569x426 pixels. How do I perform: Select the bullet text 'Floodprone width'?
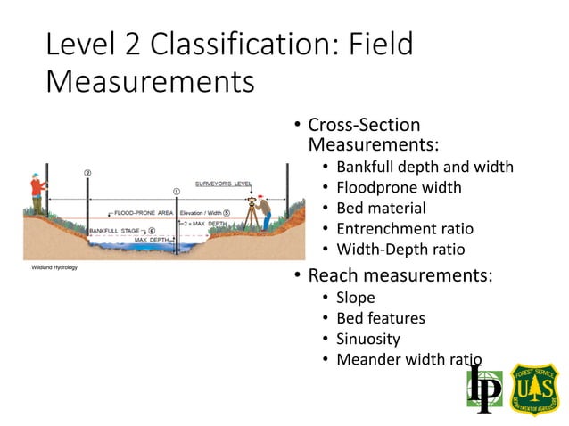point(399,187)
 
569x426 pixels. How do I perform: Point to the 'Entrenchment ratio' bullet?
point(405,229)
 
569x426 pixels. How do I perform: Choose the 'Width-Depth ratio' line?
point(400,250)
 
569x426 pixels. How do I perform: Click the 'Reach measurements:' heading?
point(400,274)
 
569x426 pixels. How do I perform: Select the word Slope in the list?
point(355,298)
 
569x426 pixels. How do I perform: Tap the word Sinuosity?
point(367,340)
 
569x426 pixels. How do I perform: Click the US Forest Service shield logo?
point(534,389)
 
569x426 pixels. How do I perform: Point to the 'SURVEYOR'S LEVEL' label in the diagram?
point(224,184)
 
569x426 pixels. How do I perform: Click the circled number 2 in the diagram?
point(87,173)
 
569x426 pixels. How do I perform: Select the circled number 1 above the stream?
point(176,191)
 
